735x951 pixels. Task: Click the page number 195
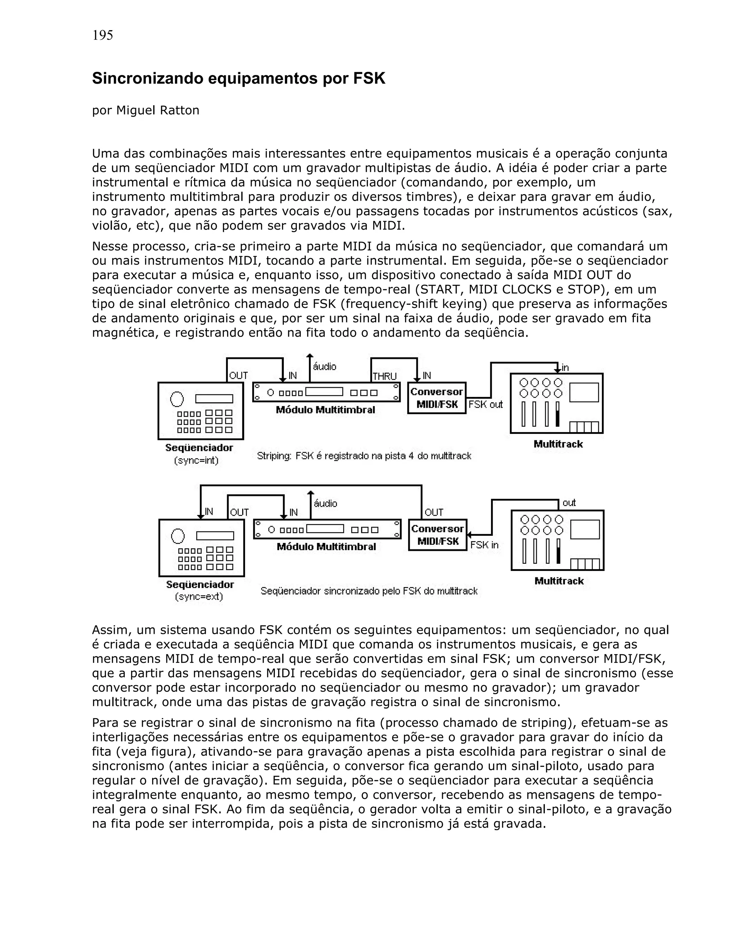[x=103, y=35]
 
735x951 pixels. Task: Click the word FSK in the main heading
[x=369, y=78]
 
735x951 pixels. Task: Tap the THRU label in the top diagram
[x=384, y=376]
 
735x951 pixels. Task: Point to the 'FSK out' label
[x=486, y=404]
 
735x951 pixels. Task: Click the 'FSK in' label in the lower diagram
[x=484, y=545]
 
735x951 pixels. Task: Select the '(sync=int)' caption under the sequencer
[x=196, y=460]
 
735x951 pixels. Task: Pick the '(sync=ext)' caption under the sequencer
[x=199, y=596]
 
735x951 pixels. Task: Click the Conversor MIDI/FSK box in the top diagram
[x=437, y=398]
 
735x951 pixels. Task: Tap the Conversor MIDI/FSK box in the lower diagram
[x=437, y=535]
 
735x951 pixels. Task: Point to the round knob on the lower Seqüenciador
[x=178, y=536]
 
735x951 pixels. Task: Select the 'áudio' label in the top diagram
[x=325, y=367]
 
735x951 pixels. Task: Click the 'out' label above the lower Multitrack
[x=569, y=503]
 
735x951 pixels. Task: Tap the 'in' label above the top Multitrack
[x=565, y=368]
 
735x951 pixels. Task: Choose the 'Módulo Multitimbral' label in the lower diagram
[x=327, y=547]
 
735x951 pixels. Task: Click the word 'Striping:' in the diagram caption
[x=274, y=456]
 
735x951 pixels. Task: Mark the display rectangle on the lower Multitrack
[x=585, y=529]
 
